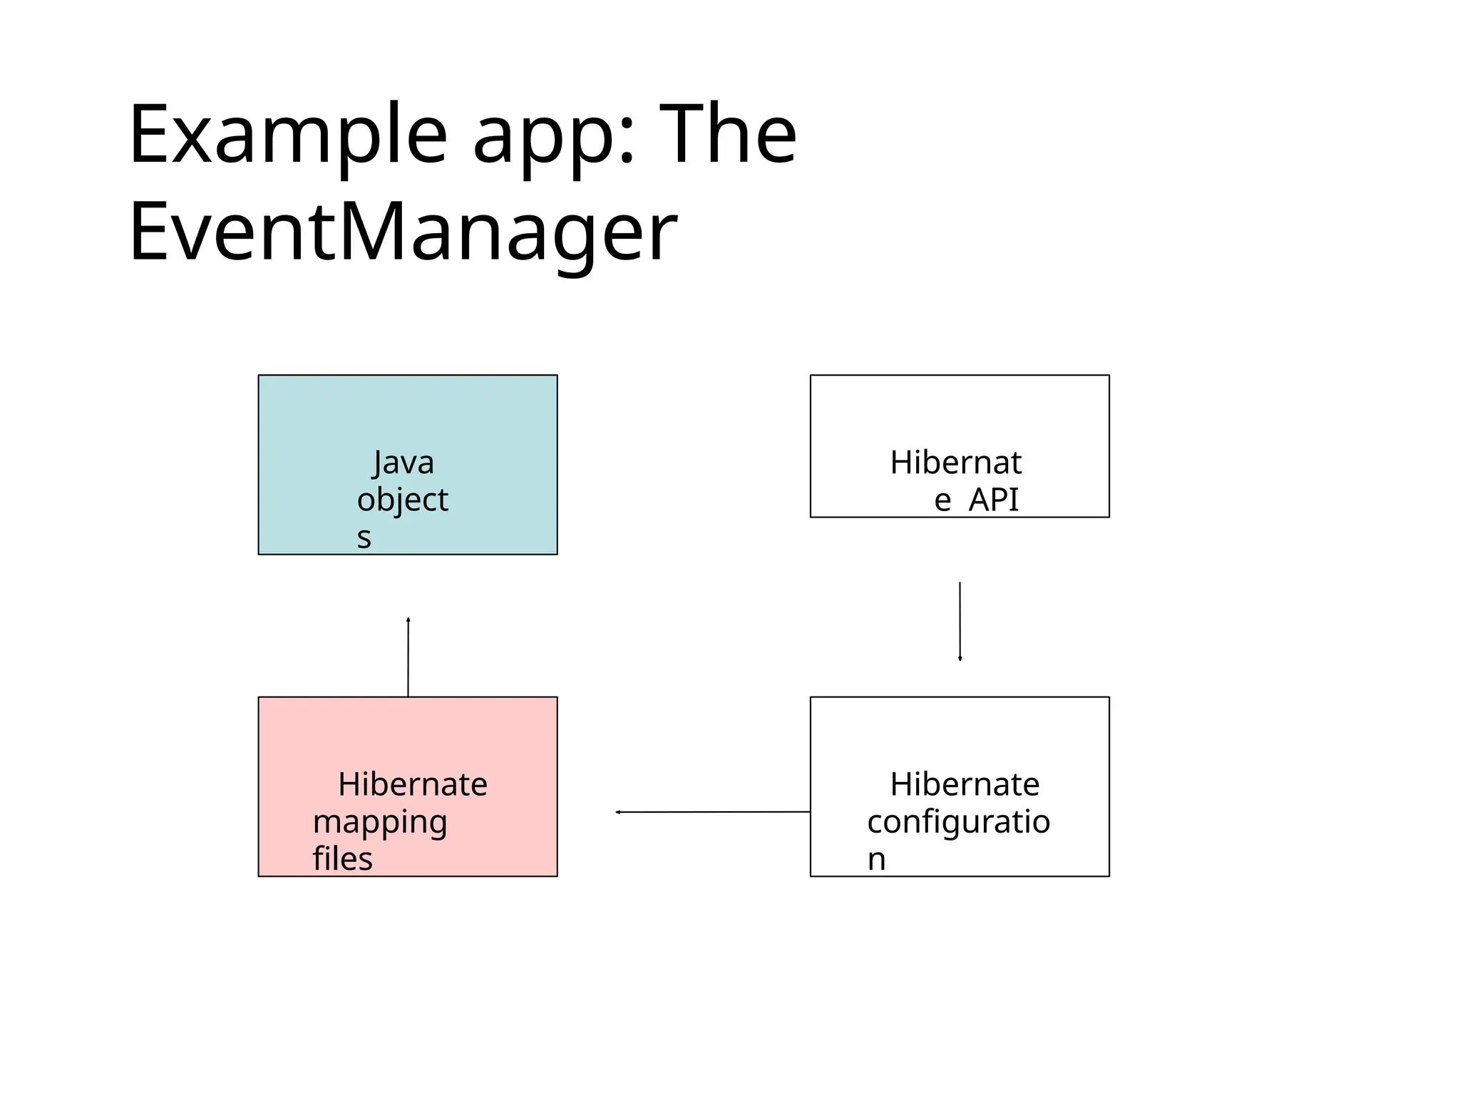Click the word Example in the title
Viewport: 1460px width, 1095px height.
[288, 135]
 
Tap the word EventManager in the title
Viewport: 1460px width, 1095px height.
[403, 232]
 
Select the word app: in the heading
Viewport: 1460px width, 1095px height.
[553, 135]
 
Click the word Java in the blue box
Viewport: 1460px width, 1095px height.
[403, 463]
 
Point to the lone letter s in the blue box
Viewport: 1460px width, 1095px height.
[364, 538]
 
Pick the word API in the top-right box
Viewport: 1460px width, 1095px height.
[994, 500]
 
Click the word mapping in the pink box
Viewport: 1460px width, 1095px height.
[380, 823]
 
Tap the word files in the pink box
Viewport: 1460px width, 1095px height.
[342, 859]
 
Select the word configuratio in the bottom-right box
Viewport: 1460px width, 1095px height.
[959, 822]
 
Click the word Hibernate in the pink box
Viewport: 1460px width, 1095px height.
[413, 785]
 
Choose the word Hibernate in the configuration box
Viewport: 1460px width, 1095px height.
[965, 785]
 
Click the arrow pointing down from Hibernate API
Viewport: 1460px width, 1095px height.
[960, 620]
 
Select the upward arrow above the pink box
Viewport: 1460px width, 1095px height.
[408, 656]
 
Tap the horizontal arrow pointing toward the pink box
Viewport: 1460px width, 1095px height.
[713, 812]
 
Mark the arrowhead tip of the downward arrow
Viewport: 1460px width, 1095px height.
[960, 659]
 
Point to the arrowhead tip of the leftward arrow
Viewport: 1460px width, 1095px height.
[617, 812]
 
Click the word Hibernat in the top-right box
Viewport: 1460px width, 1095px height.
[956, 463]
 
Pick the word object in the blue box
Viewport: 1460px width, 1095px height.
[403, 500]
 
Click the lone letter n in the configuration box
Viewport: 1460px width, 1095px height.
[876, 860]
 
